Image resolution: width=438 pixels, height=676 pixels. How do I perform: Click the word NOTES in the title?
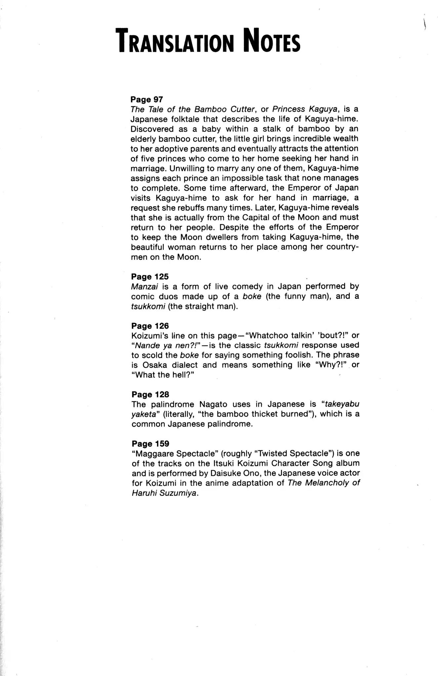[x=271, y=41]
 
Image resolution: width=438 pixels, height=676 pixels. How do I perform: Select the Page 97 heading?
[x=147, y=99]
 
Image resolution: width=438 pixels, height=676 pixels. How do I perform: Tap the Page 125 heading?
[x=150, y=277]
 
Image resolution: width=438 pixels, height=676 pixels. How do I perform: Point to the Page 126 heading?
[x=150, y=326]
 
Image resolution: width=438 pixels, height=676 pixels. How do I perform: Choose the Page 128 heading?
[x=150, y=394]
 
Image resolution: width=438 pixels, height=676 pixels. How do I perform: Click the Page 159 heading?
[x=150, y=444]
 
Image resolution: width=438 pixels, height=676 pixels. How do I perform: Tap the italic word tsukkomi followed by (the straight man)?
[x=148, y=306]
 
